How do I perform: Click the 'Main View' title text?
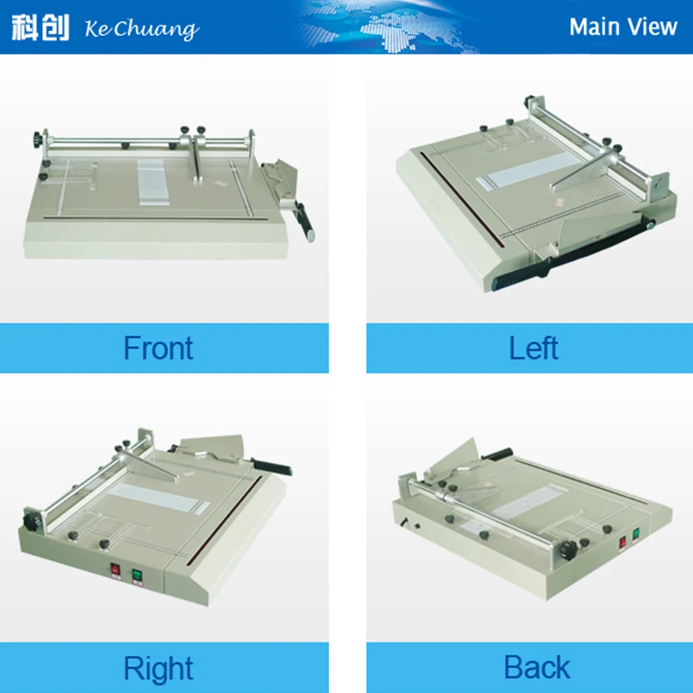coord(622,27)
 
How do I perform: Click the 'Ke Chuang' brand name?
coord(141,29)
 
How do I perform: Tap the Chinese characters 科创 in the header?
coord(40,27)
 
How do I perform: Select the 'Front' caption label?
coord(158,348)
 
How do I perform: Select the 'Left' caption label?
coord(534,348)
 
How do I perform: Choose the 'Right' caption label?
coord(158,669)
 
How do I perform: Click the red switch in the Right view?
coord(115,570)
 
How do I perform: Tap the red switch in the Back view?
coord(622,543)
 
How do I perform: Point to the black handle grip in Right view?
coord(272,466)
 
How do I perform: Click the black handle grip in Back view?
coord(498,455)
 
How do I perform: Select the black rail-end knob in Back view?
coord(570,550)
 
